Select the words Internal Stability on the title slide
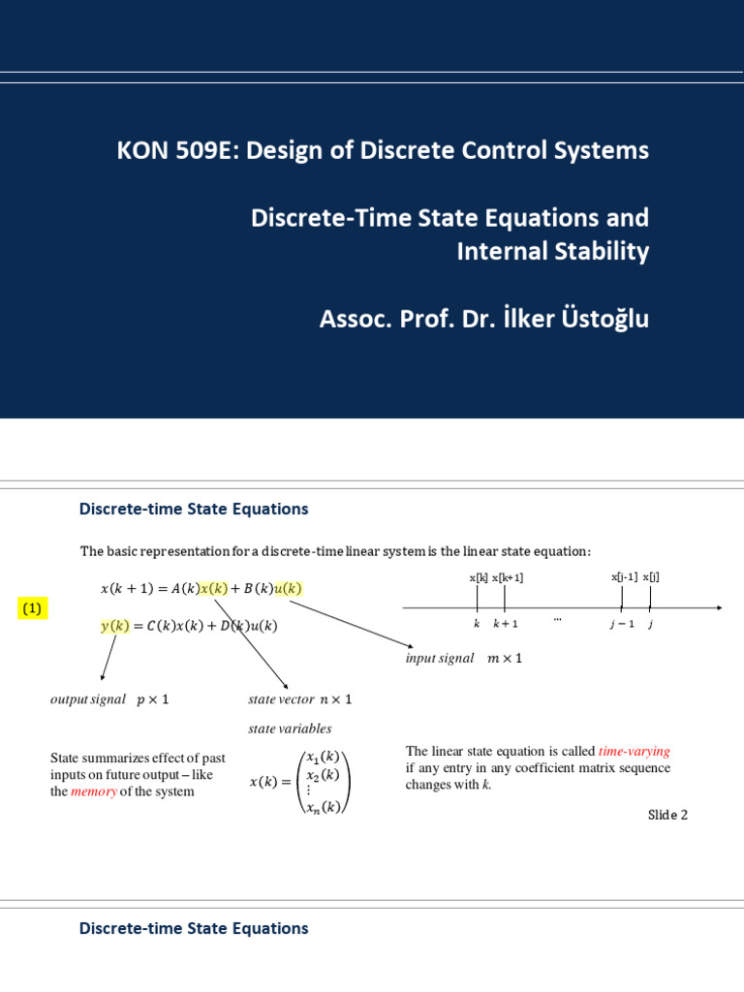(x=552, y=252)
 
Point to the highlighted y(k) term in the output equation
(x=114, y=626)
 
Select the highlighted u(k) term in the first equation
(x=288, y=589)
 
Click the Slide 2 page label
(x=667, y=815)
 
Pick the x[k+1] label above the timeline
(x=508, y=577)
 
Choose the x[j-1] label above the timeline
(x=624, y=576)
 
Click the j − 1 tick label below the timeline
(x=621, y=624)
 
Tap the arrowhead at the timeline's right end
(x=717, y=607)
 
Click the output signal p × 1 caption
(x=108, y=698)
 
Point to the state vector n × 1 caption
(x=300, y=698)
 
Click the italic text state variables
(x=290, y=728)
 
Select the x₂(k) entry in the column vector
(x=322, y=774)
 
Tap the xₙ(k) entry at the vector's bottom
(x=322, y=807)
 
